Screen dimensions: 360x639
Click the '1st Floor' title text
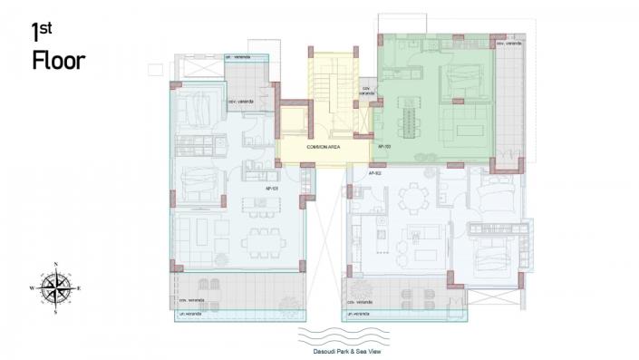tap(58, 47)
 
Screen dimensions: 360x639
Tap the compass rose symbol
tap(56, 287)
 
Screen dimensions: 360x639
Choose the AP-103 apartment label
tap(384, 145)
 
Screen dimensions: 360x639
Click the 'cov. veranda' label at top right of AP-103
tap(508, 43)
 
